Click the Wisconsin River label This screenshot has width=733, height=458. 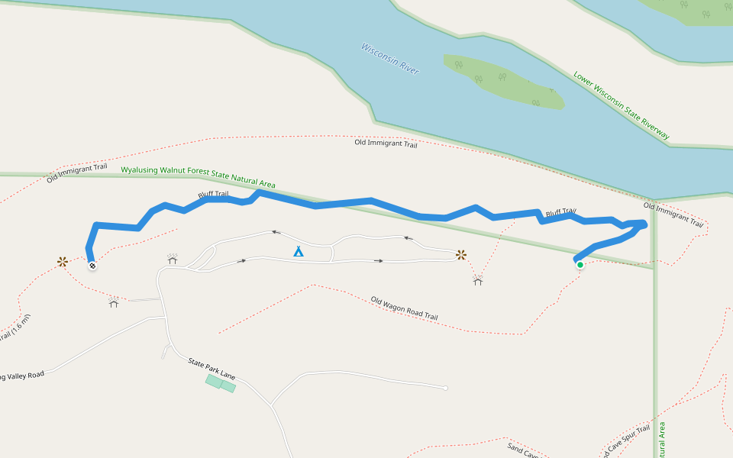[390, 59]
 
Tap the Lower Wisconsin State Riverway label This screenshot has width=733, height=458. [622, 105]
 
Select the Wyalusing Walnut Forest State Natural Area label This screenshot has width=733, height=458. [198, 176]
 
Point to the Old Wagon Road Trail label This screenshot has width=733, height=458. [404, 308]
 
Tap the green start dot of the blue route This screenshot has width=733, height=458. [580, 265]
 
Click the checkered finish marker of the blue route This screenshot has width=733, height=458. [92, 266]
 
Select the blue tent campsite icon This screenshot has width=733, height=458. [299, 250]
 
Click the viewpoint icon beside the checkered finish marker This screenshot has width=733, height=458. [63, 262]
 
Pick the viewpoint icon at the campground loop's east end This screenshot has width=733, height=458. [461, 254]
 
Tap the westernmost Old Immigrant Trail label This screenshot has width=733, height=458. [76, 173]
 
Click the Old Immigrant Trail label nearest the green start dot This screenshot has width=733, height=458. [673, 214]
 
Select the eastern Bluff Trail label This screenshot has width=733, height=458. [560, 212]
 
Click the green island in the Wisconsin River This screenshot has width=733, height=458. [504, 81]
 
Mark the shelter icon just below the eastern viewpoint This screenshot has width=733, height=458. [478, 281]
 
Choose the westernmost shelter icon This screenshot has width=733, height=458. [114, 302]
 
